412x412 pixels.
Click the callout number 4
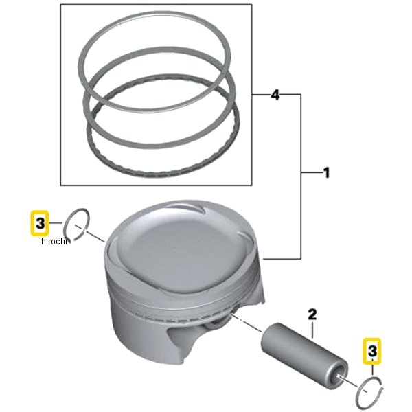(275, 95)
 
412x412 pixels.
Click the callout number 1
(325, 173)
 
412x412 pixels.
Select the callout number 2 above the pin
(312, 314)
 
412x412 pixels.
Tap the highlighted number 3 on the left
(40, 223)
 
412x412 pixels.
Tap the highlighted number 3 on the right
(371, 351)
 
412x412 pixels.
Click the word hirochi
(54, 241)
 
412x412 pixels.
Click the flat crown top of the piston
(184, 252)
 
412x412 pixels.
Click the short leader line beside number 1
(311, 172)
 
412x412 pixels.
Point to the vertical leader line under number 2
(312, 330)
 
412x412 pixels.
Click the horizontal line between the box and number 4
(261, 94)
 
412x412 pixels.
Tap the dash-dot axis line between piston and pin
(246, 322)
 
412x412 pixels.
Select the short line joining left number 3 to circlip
(56, 223)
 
